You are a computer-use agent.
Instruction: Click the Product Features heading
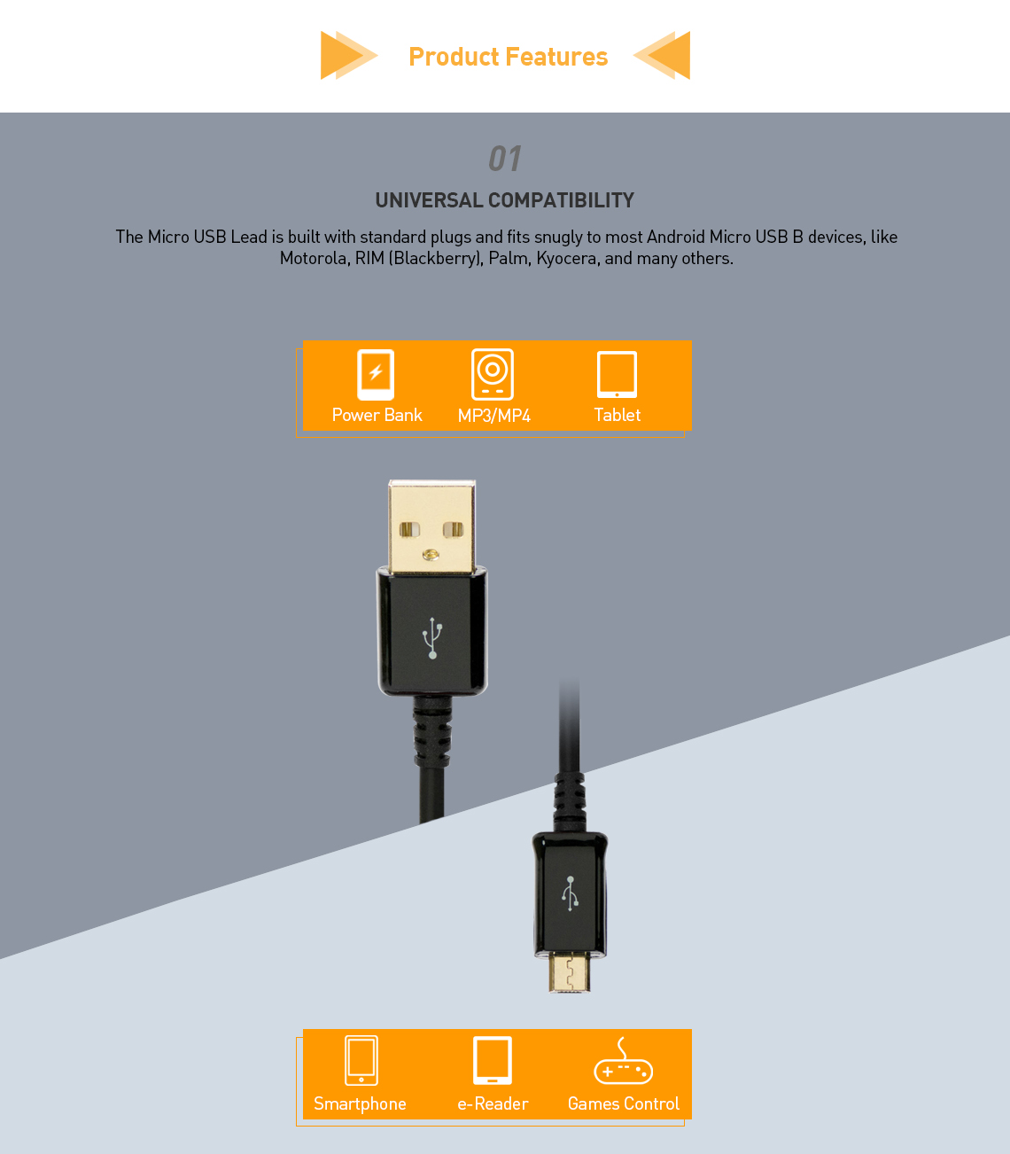(508, 57)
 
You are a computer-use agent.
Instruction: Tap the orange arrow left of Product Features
(346, 55)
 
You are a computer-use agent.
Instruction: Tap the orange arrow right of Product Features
(664, 55)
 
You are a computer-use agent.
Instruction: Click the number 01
(505, 159)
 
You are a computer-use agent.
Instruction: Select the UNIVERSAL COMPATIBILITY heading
(504, 200)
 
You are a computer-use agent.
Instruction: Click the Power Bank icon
(376, 374)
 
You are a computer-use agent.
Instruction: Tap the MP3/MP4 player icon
(493, 374)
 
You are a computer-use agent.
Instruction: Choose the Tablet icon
(617, 375)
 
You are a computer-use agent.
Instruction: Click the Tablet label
(617, 415)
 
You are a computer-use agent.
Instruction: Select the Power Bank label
(377, 415)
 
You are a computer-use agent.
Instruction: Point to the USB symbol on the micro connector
(570, 893)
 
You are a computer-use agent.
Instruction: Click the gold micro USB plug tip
(569, 972)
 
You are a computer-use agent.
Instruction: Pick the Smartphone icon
(361, 1060)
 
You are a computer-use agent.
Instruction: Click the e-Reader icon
(493, 1060)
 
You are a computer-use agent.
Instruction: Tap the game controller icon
(623, 1063)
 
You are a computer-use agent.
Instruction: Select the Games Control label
(623, 1103)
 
